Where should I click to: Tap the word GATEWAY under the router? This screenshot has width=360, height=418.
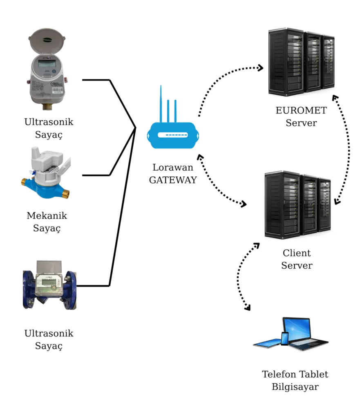pyautogui.click(x=173, y=180)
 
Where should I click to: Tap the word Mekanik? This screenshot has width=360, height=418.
pyautogui.click(x=47, y=215)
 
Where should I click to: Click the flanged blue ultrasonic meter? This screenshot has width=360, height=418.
pyautogui.click(x=49, y=288)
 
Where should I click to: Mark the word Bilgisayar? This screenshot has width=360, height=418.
pyautogui.click(x=295, y=387)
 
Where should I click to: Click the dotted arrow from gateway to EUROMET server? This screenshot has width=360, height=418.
pyautogui.click(x=225, y=80)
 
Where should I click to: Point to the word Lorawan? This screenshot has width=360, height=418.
pyautogui.click(x=173, y=167)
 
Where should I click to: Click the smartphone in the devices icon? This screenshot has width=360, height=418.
pyautogui.click(x=285, y=339)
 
